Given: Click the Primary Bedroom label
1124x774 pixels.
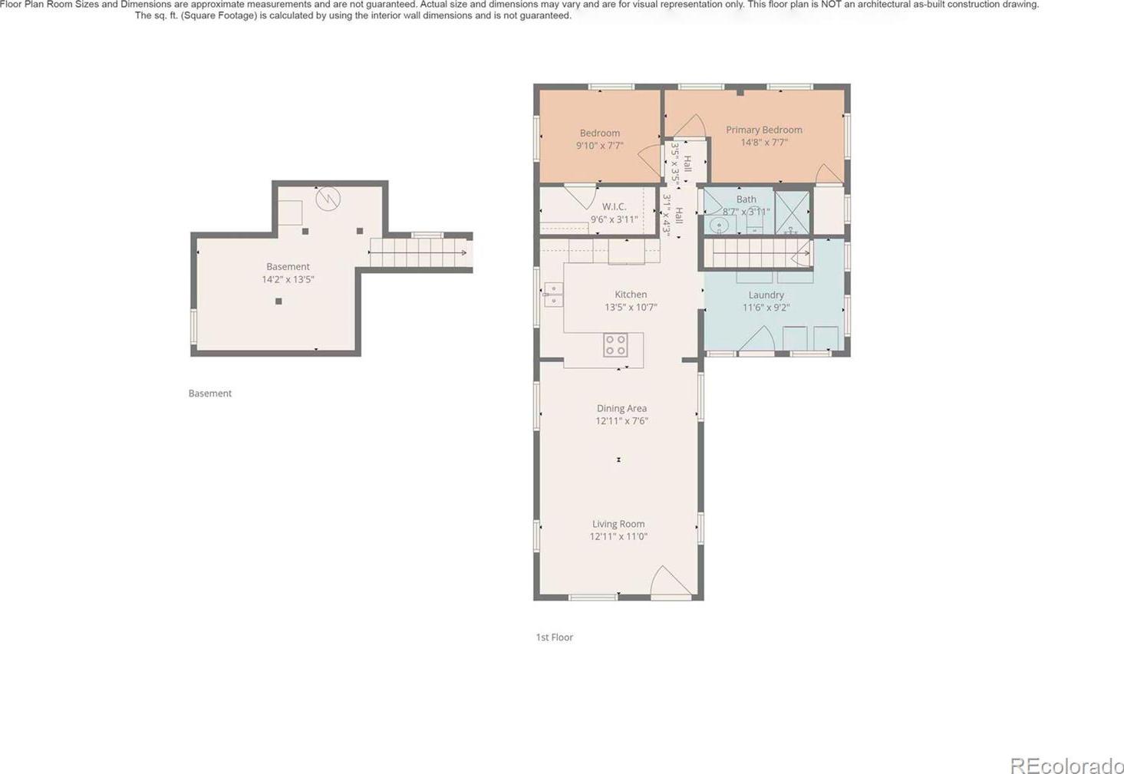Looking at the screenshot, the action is pyautogui.click(x=763, y=130).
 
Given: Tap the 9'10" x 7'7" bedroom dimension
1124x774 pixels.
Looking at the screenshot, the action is pyautogui.click(x=600, y=146).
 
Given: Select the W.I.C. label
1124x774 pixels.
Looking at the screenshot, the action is pyautogui.click(x=615, y=206).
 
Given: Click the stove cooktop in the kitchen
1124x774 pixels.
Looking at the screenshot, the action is pyautogui.click(x=615, y=345).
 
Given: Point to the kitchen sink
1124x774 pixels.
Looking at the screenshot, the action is pyautogui.click(x=553, y=295).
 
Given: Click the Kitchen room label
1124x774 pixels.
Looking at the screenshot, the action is pyautogui.click(x=631, y=295).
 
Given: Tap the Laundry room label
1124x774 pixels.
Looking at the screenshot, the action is pyautogui.click(x=766, y=295).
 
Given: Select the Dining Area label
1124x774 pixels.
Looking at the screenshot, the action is pyautogui.click(x=621, y=408).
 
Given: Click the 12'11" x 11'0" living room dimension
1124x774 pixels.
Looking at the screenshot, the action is pyautogui.click(x=618, y=537).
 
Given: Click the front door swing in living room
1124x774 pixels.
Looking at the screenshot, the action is pyautogui.click(x=671, y=582).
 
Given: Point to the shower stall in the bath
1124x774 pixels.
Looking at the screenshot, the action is pyautogui.click(x=793, y=212).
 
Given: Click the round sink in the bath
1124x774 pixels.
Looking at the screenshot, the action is pyautogui.click(x=719, y=226).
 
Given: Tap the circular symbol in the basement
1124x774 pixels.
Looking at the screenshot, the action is pyautogui.click(x=328, y=199).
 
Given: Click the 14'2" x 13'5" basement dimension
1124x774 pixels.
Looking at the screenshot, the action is pyautogui.click(x=288, y=279).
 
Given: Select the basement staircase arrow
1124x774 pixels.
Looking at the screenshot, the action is pyautogui.click(x=418, y=252).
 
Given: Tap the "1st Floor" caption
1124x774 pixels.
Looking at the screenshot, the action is pyautogui.click(x=555, y=637).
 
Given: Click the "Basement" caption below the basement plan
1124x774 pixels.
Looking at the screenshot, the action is pyautogui.click(x=209, y=394).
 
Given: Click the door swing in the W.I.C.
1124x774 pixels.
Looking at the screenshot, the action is pyautogui.click(x=581, y=197).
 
